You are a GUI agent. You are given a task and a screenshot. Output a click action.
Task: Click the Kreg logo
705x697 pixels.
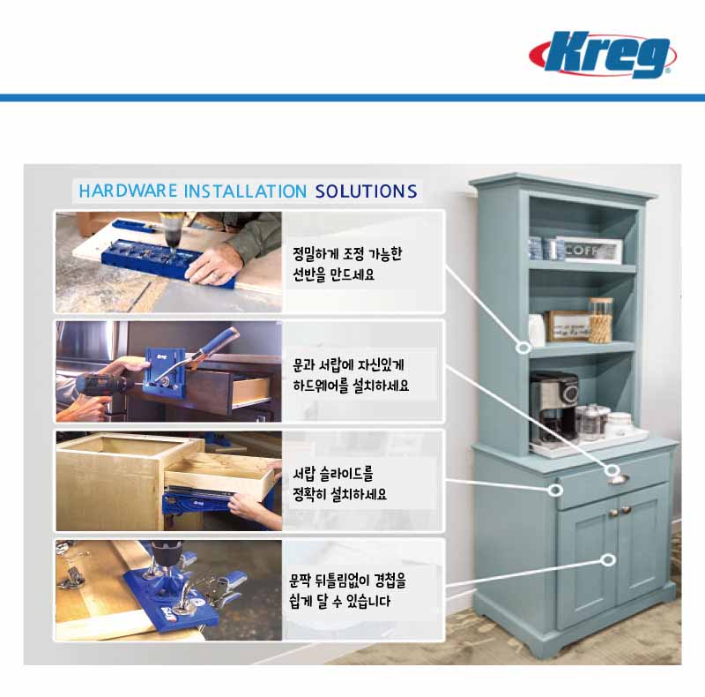coord(603,54)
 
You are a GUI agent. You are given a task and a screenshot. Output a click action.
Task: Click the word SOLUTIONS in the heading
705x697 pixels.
coord(366,191)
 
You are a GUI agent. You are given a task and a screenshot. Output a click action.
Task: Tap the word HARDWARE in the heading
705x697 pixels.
coord(128,191)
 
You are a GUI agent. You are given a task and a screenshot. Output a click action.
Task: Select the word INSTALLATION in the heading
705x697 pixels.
coord(246,191)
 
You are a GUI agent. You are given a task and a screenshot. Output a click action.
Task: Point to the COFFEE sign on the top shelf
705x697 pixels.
coord(589,250)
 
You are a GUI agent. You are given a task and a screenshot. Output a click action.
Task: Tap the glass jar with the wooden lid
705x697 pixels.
coord(601,320)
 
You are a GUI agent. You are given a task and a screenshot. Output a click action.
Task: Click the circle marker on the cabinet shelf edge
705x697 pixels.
coord(523,348)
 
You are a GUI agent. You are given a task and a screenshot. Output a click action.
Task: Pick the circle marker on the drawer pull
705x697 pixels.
coord(612,471)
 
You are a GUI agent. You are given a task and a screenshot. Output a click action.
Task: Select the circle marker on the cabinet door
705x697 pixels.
coord(608,559)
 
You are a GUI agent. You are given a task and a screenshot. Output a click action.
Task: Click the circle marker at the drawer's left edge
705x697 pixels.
coord(556,490)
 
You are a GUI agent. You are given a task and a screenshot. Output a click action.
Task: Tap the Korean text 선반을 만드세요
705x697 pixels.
coord(333,274)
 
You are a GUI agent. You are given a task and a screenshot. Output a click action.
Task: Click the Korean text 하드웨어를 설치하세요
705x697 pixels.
coord(351,386)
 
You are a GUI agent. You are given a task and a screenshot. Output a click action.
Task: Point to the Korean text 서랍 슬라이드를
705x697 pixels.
coord(333,474)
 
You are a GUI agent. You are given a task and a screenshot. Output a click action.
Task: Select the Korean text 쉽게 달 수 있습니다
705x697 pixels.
coord(339,601)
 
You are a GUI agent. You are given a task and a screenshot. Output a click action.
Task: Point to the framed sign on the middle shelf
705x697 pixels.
coord(568,326)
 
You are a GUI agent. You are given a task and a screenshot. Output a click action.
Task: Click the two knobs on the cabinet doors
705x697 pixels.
coord(620,511)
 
